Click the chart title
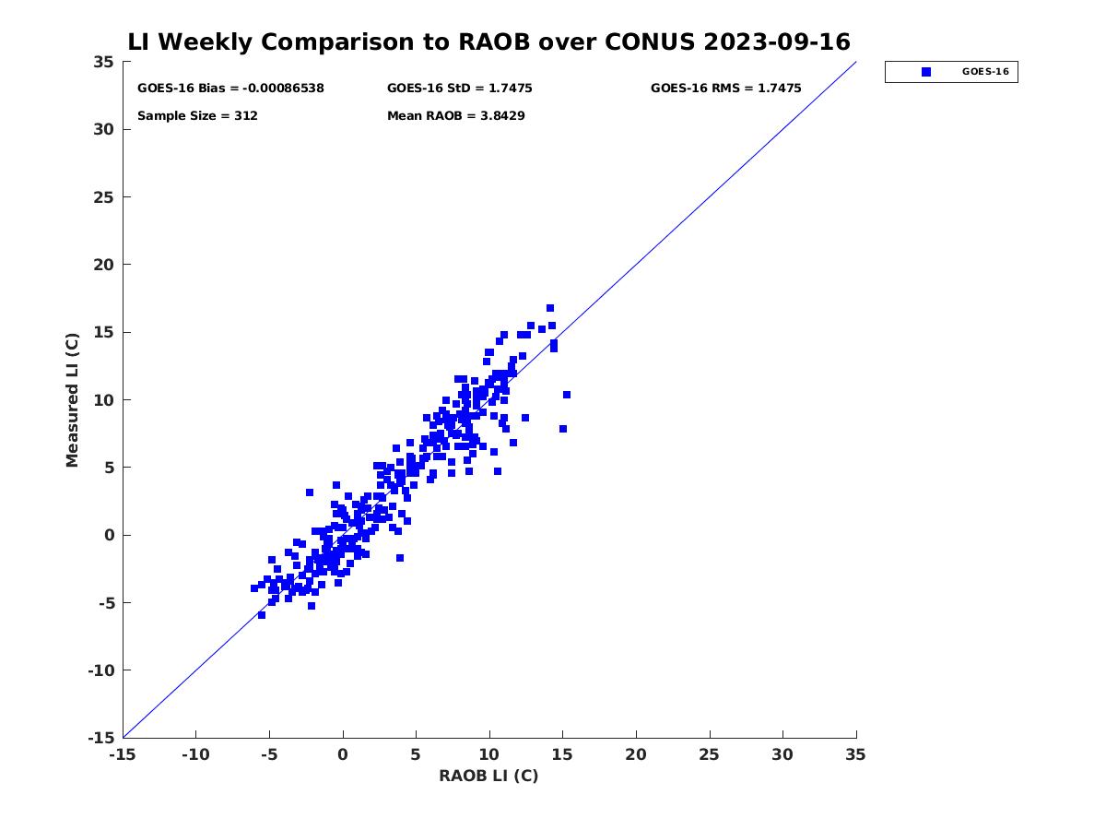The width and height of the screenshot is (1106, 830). (x=488, y=42)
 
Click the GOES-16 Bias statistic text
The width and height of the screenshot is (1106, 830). (x=230, y=89)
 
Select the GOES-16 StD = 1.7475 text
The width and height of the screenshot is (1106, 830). (x=459, y=89)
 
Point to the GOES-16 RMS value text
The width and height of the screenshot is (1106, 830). (x=725, y=89)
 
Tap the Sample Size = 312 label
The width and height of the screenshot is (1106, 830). (x=197, y=116)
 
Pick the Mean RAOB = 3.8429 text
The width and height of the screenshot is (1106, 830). (x=455, y=116)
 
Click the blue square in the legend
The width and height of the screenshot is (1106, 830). (x=926, y=72)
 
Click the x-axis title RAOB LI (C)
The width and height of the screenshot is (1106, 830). (x=488, y=776)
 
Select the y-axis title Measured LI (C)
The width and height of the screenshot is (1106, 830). (x=72, y=400)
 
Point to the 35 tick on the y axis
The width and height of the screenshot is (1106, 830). (x=104, y=62)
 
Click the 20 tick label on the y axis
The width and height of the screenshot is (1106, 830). (x=104, y=265)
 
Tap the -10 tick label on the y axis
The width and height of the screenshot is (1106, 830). (x=100, y=670)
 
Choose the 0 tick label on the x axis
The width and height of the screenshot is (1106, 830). (x=343, y=754)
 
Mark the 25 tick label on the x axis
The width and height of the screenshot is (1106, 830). (x=710, y=754)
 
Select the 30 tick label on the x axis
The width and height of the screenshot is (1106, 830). (x=782, y=754)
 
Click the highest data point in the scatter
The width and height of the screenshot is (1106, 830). (x=550, y=308)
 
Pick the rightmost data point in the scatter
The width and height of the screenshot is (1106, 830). (x=567, y=395)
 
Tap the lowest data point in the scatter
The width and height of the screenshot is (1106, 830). (x=262, y=615)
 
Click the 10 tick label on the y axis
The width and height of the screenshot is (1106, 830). (x=104, y=400)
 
